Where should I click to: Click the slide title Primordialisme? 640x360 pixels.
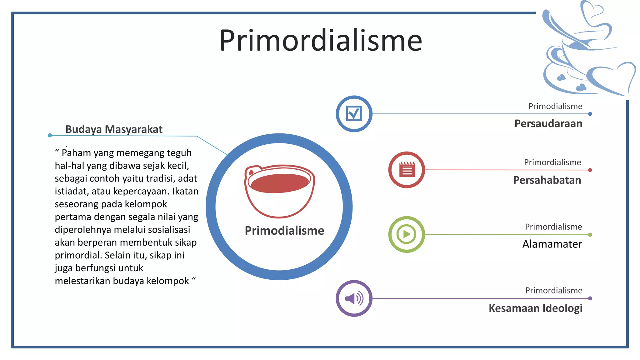[321, 40]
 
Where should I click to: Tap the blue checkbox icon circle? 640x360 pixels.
[354, 114]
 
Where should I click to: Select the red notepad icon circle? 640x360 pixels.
[407, 170]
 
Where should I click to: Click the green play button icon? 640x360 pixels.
[406, 234]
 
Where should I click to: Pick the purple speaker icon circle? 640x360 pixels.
[354, 298]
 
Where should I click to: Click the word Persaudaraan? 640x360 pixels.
[548, 123]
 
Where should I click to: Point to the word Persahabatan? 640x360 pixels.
[547, 180]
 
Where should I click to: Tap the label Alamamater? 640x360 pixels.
[552, 244]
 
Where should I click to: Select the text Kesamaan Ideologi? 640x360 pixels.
[535, 308]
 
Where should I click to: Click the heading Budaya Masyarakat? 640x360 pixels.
[114, 129]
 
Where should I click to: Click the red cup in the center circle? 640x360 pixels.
[279, 191]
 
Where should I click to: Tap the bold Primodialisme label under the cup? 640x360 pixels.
[284, 231]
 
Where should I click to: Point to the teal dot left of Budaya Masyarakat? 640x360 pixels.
[50, 135]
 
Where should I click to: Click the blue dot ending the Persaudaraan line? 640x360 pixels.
[590, 114]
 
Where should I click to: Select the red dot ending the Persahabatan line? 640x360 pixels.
[590, 170]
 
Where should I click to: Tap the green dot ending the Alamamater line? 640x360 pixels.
[590, 235]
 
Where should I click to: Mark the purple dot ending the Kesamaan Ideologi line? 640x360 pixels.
[590, 298]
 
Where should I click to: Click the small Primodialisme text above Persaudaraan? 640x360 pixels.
[555, 106]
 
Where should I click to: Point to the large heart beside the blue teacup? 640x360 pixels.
[612, 78]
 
